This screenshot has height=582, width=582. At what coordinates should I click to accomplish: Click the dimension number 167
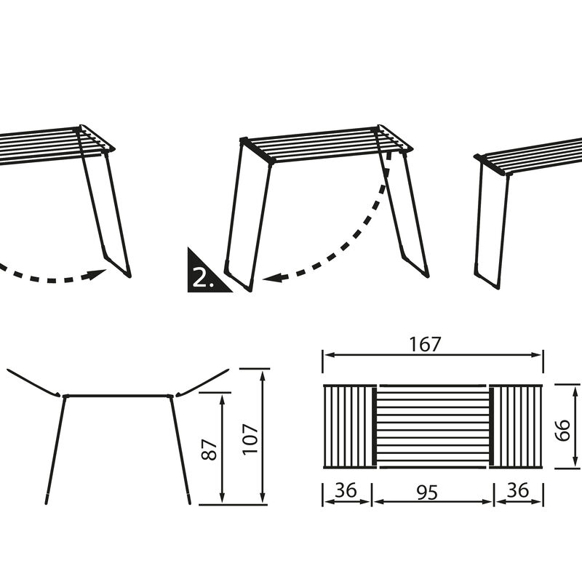click(x=426, y=344)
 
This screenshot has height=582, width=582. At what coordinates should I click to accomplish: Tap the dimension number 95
click(x=427, y=493)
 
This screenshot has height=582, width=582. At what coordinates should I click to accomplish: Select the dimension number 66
click(x=562, y=430)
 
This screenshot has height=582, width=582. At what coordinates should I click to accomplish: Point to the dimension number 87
click(x=210, y=450)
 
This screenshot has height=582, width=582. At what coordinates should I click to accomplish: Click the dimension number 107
click(x=250, y=439)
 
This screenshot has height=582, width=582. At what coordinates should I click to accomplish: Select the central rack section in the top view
click(x=431, y=426)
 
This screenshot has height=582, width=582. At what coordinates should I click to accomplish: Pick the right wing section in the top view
click(x=517, y=426)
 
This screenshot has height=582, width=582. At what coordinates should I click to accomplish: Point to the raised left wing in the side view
click(x=33, y=383)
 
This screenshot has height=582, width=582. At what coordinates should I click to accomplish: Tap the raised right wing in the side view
click(x=202, y=383)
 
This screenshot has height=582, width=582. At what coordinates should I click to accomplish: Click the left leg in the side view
click(x=55, y=450)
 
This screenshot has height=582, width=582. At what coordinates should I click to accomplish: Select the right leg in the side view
click(x=180, y=450)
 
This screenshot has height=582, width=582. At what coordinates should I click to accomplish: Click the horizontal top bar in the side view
click(x=118, y=396)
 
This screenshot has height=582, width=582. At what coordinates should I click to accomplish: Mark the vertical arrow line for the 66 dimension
click(x=576, y=426)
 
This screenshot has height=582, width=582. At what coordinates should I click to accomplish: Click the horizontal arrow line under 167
click(x=433, y=355)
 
